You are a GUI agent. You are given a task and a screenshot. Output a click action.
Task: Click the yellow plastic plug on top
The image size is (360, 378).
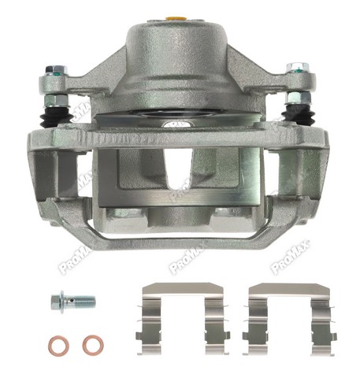(x=176, y=18)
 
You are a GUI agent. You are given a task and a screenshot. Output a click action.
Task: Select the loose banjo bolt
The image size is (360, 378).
(x=73, y=302)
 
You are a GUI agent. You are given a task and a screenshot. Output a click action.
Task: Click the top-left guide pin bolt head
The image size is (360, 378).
(x=56, y=70)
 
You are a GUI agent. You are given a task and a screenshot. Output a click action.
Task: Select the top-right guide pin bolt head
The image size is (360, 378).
(x=298, y=69)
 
